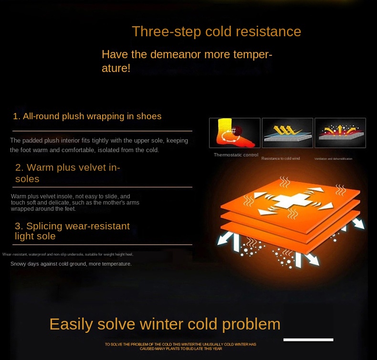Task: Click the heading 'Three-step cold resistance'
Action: pos(216,31)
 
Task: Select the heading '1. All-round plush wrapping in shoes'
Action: pos(87,116)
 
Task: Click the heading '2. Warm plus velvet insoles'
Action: pos(67,173)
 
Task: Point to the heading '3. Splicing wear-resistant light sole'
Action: pos(72,231)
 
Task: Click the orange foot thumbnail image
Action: pos(234,133)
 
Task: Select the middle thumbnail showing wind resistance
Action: pos(287,133)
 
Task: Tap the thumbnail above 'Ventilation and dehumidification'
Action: pos(340,133)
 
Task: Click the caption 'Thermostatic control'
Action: pos(236,155)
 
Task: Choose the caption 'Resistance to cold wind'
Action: pos(281,158)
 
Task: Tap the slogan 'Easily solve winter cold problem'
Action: pos(165,324)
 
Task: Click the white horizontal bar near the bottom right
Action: pos(308,339)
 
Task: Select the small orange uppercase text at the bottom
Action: pos(180,346)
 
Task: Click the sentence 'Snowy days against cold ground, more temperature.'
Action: pos(71,264)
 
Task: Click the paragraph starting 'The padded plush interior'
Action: pos(99,145)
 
